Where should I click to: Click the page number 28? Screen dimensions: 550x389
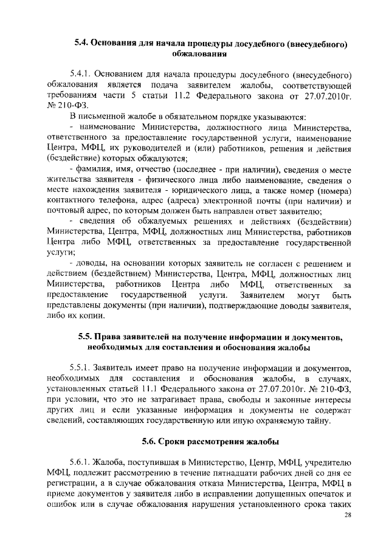[x=348, y=515]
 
